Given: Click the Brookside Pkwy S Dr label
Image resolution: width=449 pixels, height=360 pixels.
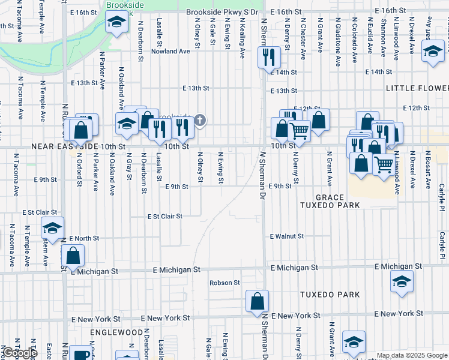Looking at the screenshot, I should pos(222,12).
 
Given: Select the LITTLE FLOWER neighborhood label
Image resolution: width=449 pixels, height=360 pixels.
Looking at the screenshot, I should pos(417,88).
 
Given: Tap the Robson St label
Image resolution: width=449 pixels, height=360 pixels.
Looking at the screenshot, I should pos(224,283).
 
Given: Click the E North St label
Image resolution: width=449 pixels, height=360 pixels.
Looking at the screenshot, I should pos(84,238).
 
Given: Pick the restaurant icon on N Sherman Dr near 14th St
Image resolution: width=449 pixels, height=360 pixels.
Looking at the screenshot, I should pos(268,58).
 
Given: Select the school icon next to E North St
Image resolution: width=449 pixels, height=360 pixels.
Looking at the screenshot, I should pos(52,228).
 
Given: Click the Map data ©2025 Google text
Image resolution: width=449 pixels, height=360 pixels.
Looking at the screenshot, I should pos(412,355).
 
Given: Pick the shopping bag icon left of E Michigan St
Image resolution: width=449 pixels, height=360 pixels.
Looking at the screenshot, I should pos(73,256).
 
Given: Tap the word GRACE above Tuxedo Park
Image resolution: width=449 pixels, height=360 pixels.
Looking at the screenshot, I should pos(330,197).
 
